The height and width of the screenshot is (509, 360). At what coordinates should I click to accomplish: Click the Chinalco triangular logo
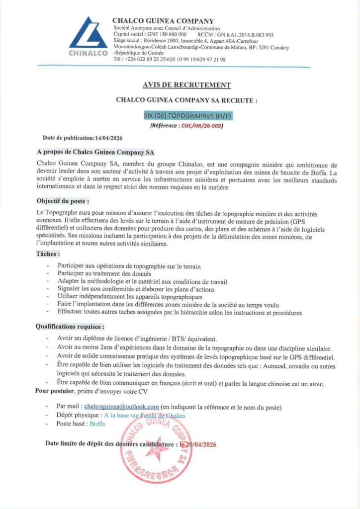tap(89, 34)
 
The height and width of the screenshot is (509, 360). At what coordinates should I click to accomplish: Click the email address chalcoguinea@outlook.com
tap(121, 407)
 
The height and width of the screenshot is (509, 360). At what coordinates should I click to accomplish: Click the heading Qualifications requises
tap(70, 327)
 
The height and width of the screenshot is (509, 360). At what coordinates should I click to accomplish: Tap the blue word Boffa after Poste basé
tap(97, 424)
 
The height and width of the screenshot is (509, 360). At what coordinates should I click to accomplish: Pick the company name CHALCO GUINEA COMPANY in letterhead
tap(163, 21)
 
